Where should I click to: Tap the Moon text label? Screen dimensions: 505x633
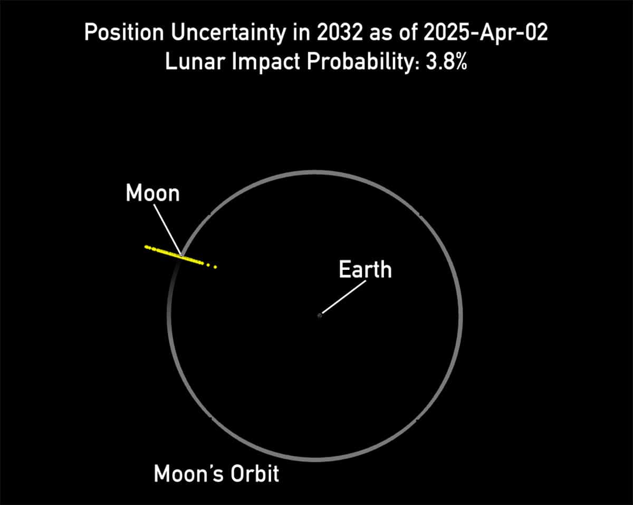point(153,193)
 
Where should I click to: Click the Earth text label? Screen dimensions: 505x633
point(365,270)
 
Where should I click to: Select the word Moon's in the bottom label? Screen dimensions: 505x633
point(183,474)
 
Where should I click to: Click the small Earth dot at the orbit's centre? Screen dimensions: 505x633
point(320,315)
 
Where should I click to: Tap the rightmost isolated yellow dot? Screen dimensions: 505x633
point(215,267)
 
